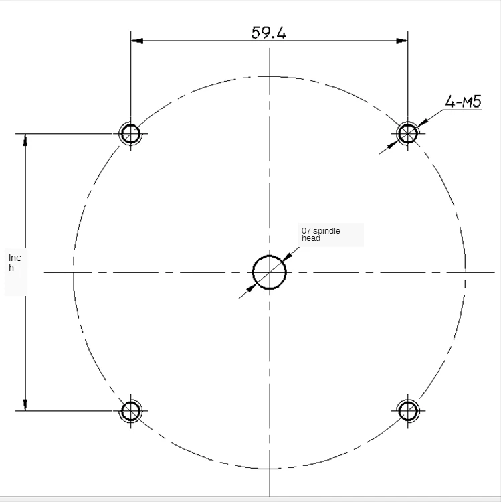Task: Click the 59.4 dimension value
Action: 269,33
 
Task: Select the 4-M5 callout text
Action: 464,102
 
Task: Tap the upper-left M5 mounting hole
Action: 130,133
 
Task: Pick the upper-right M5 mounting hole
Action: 407,133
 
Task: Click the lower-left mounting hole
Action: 130,411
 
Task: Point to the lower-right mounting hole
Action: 407,411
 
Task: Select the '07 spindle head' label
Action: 321,234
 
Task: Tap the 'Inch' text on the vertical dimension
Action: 15,262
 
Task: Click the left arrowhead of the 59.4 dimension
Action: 137,41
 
